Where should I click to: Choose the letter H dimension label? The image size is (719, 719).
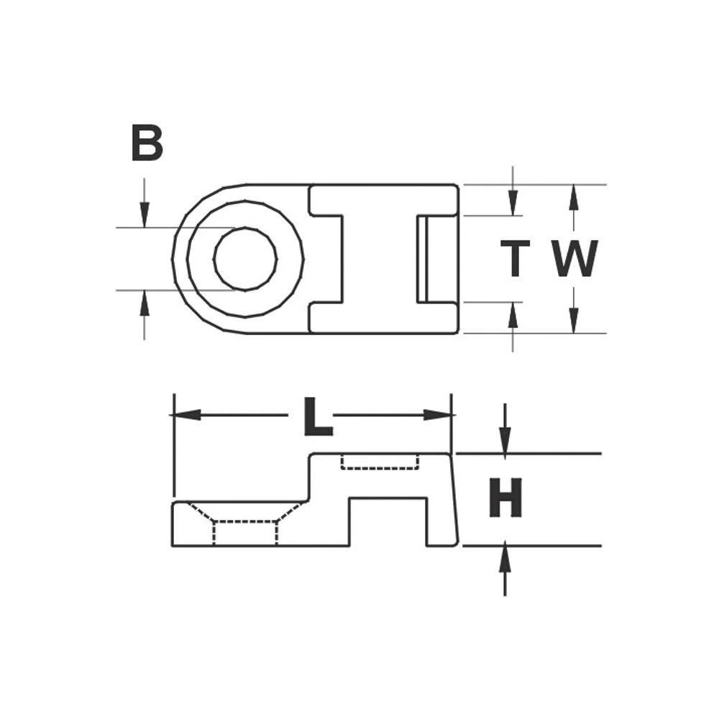pyautogui.click(x=505, y=500)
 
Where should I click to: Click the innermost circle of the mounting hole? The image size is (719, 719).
pyautogui.click(x=245, y=259)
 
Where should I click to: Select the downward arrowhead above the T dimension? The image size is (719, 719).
pyautogui.click(x=513, y=203)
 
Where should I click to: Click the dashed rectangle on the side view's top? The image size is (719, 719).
pyautogui.click(x=380, y=461)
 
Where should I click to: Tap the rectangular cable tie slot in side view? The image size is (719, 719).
pyautogui.click(x=388, y=521)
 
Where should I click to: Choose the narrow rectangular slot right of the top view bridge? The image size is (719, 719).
pyautogui.click(x=423, y=259)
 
